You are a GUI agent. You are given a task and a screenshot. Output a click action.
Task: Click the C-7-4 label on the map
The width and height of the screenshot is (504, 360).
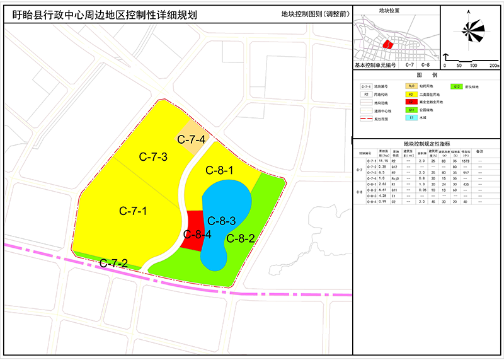click(x=191, y=139)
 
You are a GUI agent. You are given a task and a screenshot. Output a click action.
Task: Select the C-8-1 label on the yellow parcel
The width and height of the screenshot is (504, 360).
click(x=219, y=170)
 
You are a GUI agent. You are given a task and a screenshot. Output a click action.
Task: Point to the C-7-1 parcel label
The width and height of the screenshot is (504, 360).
click(x=133, y=211)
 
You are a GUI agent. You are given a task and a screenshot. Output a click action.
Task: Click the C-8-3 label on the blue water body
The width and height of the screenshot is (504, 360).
click(x=221, y=221)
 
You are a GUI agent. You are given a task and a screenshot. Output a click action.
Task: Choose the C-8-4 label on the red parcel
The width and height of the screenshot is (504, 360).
click(x=197, y=235)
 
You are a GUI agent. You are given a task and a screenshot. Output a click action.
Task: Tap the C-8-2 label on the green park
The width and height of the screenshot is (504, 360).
click(x=239, y=238)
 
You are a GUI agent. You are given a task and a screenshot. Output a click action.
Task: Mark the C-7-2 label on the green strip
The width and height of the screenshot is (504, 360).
click(x=113, y=262)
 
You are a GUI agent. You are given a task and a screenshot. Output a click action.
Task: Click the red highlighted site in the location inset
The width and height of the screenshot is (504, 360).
click(x=387, y=45)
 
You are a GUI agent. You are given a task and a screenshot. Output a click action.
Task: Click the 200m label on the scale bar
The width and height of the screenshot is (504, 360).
click(x=493, y=66)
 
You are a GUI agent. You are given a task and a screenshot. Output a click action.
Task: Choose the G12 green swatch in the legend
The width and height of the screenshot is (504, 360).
click(x=457, y=86)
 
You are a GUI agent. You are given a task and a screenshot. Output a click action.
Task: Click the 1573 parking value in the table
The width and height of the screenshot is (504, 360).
click(x=466, y=161)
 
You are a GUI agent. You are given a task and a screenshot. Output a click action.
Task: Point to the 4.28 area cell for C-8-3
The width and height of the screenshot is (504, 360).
click(x=382, y=195)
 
